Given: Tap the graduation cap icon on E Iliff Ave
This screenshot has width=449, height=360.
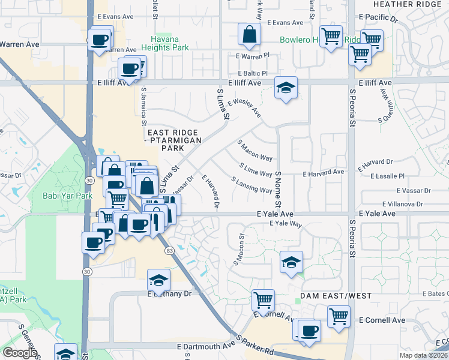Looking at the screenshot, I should point(286,88).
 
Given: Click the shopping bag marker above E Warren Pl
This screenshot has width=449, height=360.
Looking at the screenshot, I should point(249,35).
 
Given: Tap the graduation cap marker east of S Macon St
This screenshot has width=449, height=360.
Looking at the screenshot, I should point(291,262).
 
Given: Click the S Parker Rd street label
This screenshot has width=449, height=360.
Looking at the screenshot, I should point(255,346).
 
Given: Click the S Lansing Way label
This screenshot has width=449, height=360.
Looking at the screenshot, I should point(252,185).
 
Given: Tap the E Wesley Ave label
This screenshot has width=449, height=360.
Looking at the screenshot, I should point(244,109).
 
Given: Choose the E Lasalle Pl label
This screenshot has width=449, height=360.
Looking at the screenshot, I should point(388,176).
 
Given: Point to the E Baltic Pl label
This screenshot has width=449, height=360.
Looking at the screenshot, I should point(252,73).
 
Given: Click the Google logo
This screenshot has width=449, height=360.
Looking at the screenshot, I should point(19,352).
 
